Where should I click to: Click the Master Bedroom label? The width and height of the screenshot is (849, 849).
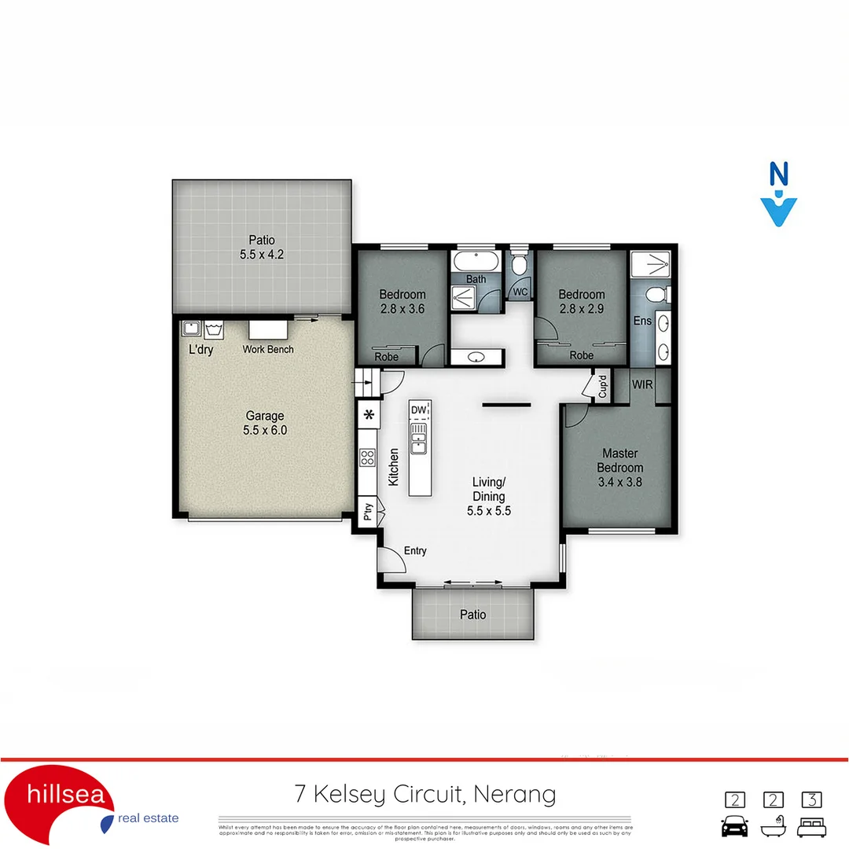621,468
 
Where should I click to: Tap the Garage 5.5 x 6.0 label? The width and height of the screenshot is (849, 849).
264,423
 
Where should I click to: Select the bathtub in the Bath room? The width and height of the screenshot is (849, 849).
476,261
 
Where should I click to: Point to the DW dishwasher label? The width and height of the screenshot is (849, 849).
418,410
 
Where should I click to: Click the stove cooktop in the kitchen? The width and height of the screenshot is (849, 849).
367,458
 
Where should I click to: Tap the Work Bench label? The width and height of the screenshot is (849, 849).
268,349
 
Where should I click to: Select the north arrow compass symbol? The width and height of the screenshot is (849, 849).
778,195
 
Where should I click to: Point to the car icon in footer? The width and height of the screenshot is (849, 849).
734,827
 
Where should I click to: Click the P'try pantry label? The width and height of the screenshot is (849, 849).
367,513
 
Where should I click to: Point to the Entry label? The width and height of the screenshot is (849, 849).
415,550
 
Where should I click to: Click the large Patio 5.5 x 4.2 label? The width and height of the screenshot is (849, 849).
263,248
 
